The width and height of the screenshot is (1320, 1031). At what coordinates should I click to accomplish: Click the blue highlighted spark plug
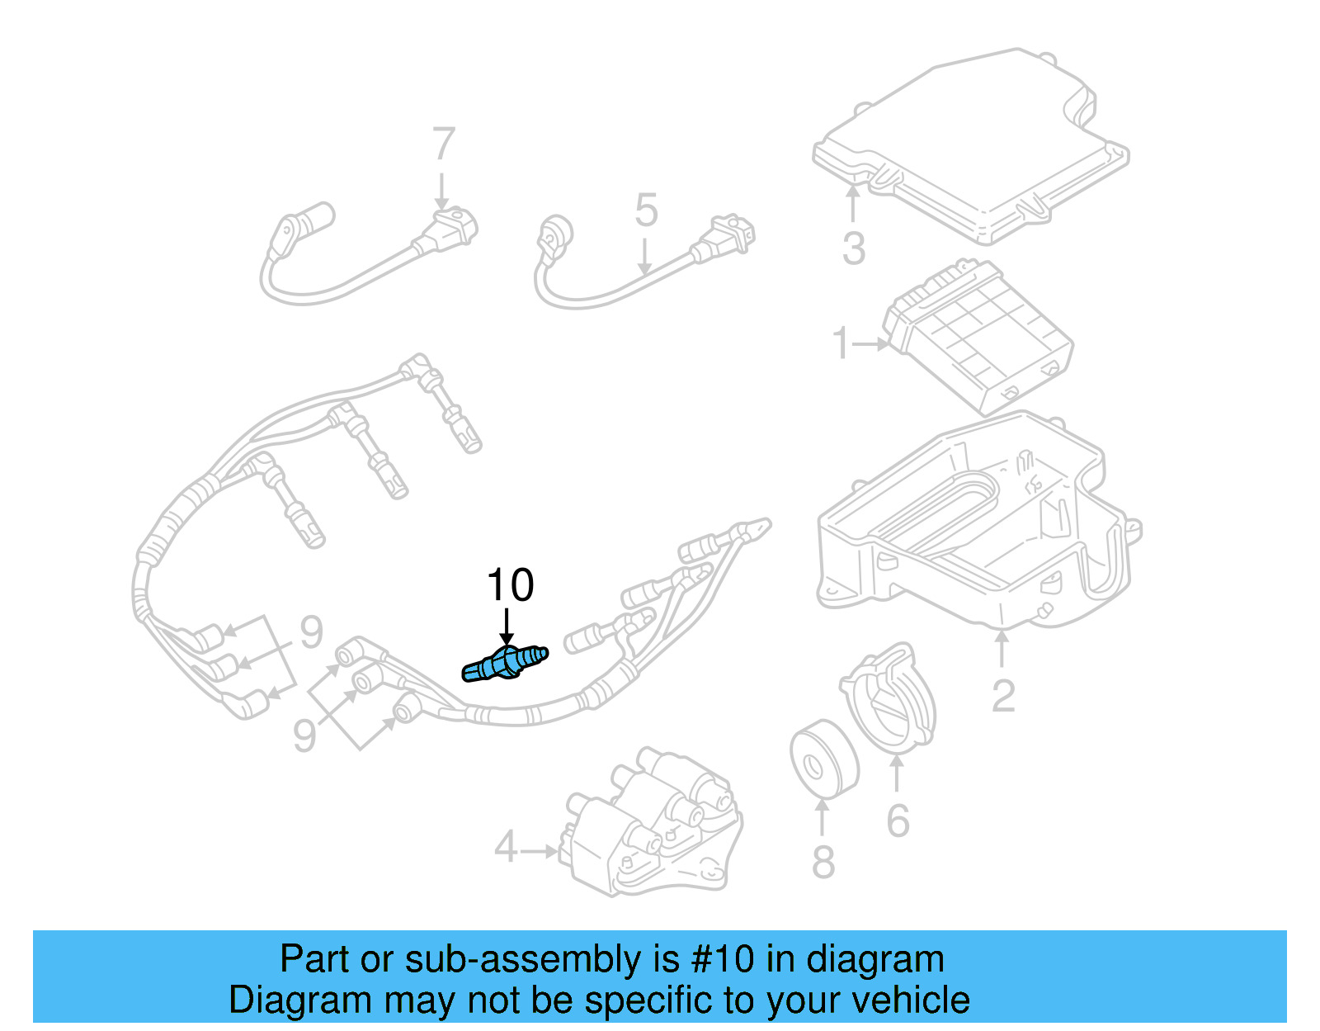pyautogui.click(x=505, y=664)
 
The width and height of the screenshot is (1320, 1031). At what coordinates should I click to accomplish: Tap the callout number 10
pyautogui.click(x=511, y=585)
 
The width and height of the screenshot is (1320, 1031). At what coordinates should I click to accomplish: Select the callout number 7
pyautogui.click(x=444, y=145)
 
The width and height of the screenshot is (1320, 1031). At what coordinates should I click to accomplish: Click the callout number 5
pyautogui.click(x=646, y=210)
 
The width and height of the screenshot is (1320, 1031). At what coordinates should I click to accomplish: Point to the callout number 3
pyautogui.click(x=854, y=248)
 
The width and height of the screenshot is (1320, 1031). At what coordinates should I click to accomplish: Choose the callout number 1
pyautogui.click(x=841, y=343)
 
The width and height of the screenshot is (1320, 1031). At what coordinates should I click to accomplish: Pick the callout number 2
pyautogui.click(x=1002, y=697)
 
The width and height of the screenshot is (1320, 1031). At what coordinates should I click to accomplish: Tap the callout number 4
pyautogui.click(x=506, y=848)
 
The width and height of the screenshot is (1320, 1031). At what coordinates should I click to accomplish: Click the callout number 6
pyautogui.click(x=898, y=821)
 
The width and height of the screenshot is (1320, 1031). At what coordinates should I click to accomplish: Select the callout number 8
pyautogui.click(x=823, y=862)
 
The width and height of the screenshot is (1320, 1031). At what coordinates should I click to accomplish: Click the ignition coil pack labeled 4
pyautogui.click(x=652, y=825)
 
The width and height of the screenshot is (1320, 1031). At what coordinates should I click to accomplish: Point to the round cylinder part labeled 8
pyautogui.click(x=823, y=759)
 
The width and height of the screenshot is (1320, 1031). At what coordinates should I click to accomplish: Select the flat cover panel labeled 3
pyautogui.click(x=973, y=149)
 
